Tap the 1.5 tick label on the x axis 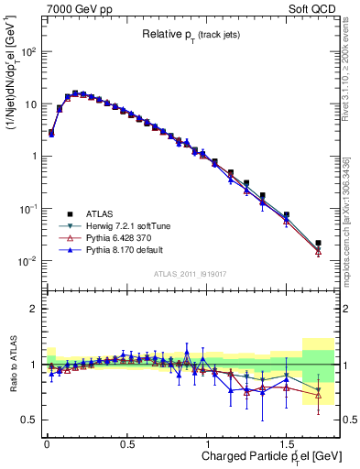(287, 443)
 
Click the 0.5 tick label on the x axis (127, 443)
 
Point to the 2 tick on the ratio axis (34, 309)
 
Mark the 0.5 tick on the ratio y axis (29, 420)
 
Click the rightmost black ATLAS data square (318, 244)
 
